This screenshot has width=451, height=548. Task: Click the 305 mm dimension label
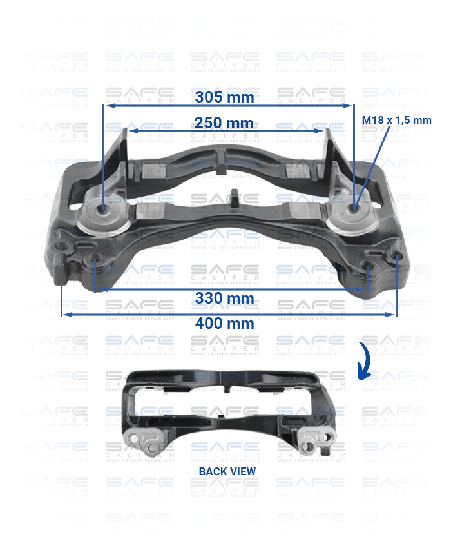click(225, 98)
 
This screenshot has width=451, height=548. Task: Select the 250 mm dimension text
click(225, 122)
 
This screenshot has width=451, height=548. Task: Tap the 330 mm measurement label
click(225, 298)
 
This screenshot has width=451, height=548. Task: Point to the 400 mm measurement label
click(225, 323)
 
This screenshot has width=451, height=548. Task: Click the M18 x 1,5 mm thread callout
click(396, 120)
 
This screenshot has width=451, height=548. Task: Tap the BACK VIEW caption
click(227, 471)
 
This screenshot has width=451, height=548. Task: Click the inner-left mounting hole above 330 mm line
click(95, 260)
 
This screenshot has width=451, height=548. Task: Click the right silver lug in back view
click(316, 442)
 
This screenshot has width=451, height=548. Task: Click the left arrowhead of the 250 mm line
click(131, 131)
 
